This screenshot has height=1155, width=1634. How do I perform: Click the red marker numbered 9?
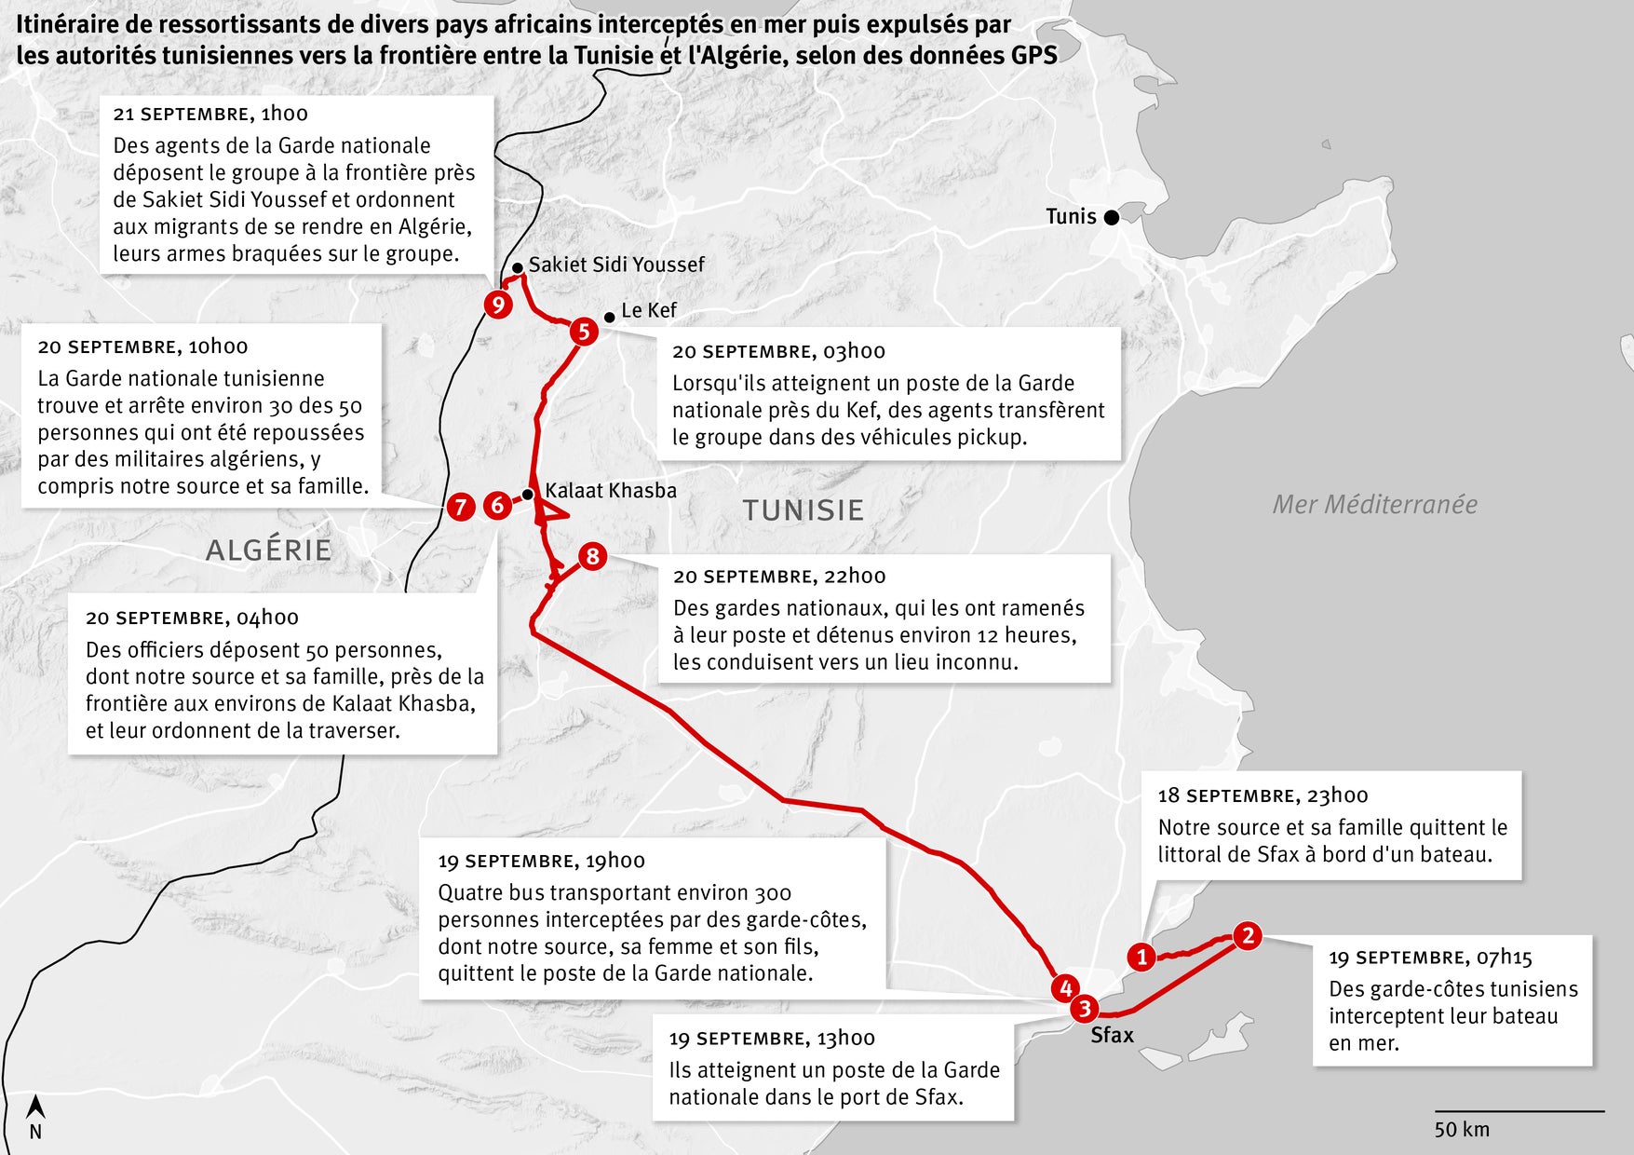tap(498, 305)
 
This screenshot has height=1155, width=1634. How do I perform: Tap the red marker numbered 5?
tap(584, 331)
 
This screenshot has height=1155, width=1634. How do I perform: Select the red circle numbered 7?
tap(461, 507)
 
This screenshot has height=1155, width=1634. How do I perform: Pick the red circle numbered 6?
tap(498, 505)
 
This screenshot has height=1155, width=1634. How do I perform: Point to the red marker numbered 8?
tap(592, 557)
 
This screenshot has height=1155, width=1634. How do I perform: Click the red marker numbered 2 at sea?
tap(1248, 935)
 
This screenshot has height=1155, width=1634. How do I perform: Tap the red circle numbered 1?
tap(1141, 957)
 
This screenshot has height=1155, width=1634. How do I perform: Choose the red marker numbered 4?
tap(1065, 988)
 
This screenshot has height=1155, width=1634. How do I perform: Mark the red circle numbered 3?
tap(1084, 1009)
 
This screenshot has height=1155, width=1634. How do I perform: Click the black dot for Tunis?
tap(1111, 217)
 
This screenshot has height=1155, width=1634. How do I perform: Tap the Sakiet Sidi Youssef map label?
tap(616, 265)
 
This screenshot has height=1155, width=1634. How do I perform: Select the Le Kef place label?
tap(648, 310)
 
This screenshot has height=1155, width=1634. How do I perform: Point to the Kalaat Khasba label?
tap(611, 491)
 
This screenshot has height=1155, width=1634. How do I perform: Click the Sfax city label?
tap(1112, 1035)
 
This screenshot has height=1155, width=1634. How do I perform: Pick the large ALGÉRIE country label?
tap(268, 550)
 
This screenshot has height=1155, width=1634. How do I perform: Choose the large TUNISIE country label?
tap(803, 510)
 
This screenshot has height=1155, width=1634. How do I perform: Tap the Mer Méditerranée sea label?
tap(1374, 505)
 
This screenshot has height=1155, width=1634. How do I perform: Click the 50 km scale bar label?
tap(1462, 1130)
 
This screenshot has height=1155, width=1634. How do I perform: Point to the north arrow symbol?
tap(35, 1107)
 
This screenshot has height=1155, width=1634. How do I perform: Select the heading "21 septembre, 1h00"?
tap(210, 114)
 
